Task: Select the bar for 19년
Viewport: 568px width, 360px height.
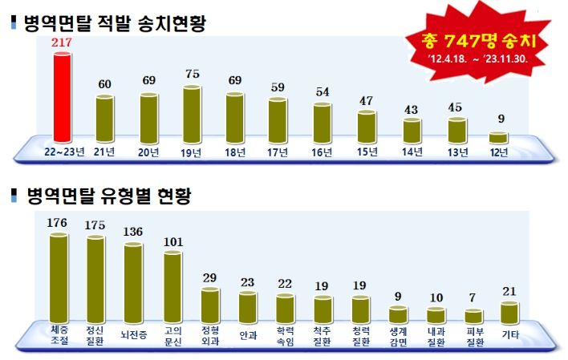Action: pos(193,113)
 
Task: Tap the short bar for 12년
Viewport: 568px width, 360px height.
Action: pos(499,137)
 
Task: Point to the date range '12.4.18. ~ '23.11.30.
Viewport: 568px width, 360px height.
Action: pos(479,59)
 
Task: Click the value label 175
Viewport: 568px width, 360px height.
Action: pos(96,224)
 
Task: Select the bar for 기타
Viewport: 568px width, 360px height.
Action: pos(509,313)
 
